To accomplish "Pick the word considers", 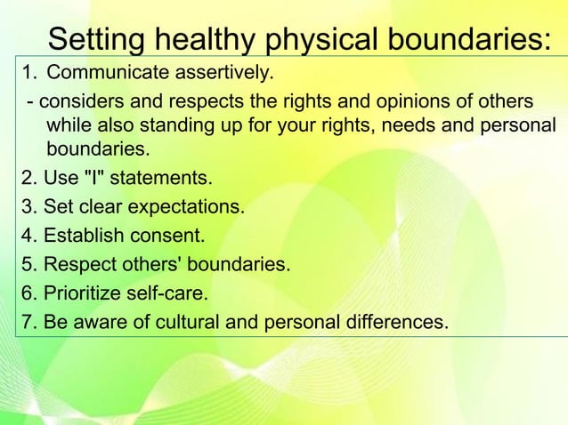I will (x=81, y=100).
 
